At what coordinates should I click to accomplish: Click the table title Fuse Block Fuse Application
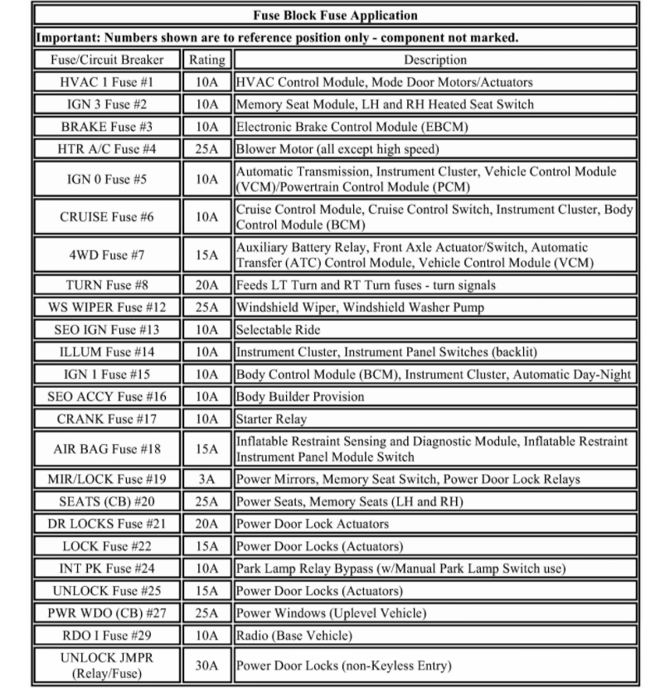tap(335, 15)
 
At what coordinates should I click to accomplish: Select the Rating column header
tap(206, 60)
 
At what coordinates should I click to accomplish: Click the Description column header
tap(435, 60)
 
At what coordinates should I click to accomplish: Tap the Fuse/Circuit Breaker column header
tap(108, 60)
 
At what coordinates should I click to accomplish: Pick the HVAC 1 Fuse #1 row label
tap(108, 82)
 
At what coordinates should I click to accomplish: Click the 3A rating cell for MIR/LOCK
tap(206, 479)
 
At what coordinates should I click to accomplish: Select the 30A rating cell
tap(206, 665)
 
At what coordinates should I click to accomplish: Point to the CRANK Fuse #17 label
tap(108, 419)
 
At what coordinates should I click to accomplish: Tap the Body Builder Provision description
tap(300, 396)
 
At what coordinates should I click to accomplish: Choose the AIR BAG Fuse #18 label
tap(108, 449)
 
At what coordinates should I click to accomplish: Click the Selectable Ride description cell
tap(279, 329)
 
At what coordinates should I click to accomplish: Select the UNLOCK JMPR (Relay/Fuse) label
tap(108, 665)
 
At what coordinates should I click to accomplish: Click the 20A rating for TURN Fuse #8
tap(206, 284)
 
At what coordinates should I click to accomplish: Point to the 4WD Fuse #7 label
tap(108, 254)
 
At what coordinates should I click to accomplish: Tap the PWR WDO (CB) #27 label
tap(108, 613)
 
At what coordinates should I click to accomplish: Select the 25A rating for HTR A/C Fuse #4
tap(206, 149)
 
